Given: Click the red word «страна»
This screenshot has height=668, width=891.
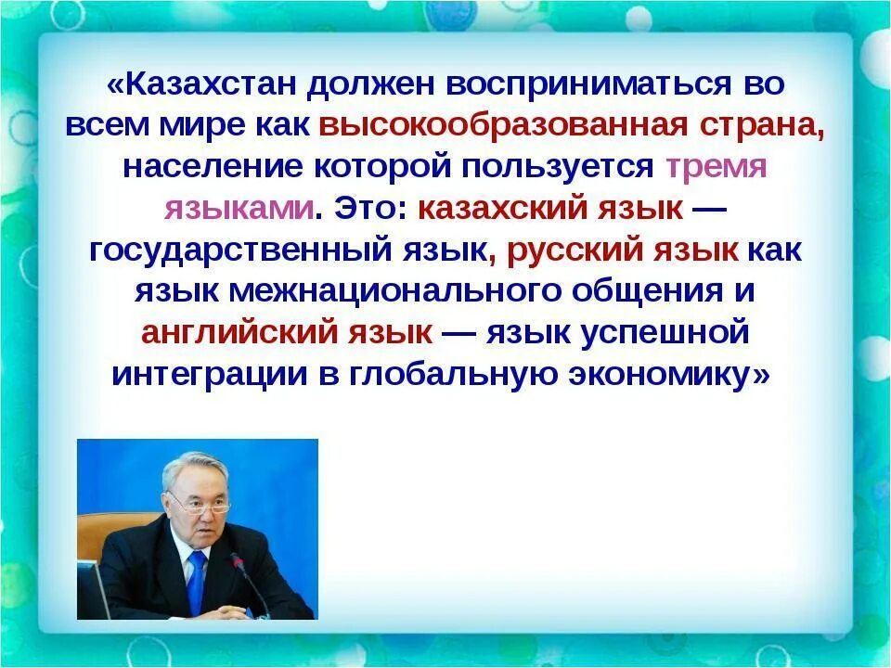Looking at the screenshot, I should click(x=762, y=126).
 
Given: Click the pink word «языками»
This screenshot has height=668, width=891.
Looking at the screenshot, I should click(x=239, y=209).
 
